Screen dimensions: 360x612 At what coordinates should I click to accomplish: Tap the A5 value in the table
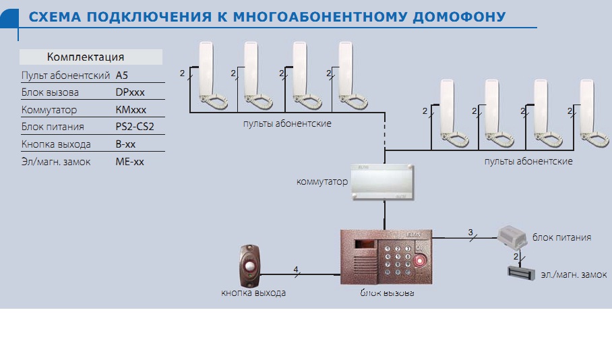[122, 75]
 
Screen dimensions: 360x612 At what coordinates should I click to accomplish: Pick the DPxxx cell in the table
[130, 92]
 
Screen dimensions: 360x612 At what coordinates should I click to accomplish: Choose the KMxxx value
[131, 110]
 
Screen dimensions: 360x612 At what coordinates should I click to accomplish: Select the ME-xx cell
[129, 162]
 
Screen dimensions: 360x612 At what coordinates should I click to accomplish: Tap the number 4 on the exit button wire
[295, 270]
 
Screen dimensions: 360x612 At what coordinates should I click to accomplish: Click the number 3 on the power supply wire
[470, 233]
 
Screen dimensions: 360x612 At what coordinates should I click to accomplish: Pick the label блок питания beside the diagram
[561, 237]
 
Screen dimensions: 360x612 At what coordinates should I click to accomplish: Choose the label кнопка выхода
[253, 293]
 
